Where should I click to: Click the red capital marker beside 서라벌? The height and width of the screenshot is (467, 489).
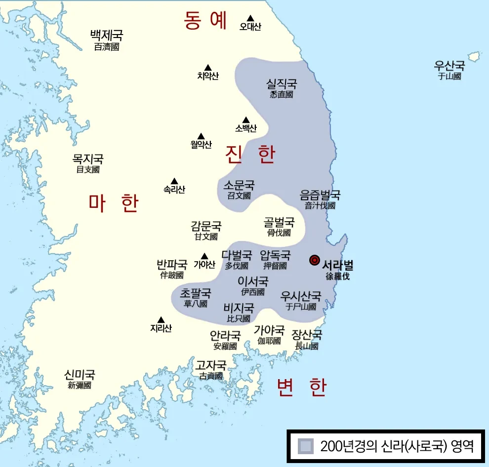314,260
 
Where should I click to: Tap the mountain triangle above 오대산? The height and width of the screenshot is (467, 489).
250,18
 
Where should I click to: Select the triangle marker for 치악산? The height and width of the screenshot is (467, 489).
208,68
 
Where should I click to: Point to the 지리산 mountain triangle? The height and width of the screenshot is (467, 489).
161,320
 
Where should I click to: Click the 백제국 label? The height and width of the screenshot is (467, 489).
106,35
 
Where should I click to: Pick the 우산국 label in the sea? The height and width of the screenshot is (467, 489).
449,66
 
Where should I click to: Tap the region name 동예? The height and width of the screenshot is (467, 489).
205,20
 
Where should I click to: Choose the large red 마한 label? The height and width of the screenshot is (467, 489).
114,203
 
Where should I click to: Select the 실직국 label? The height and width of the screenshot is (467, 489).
282,84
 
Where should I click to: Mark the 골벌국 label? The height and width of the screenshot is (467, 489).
279,222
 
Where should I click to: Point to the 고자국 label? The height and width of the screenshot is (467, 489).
211,366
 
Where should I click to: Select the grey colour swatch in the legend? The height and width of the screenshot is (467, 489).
306,446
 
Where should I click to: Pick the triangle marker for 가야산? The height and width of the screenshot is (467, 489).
204,256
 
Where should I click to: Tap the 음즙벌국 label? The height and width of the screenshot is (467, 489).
320,195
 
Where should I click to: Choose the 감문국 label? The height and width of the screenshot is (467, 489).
206,227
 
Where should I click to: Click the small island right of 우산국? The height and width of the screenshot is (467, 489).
474,56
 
